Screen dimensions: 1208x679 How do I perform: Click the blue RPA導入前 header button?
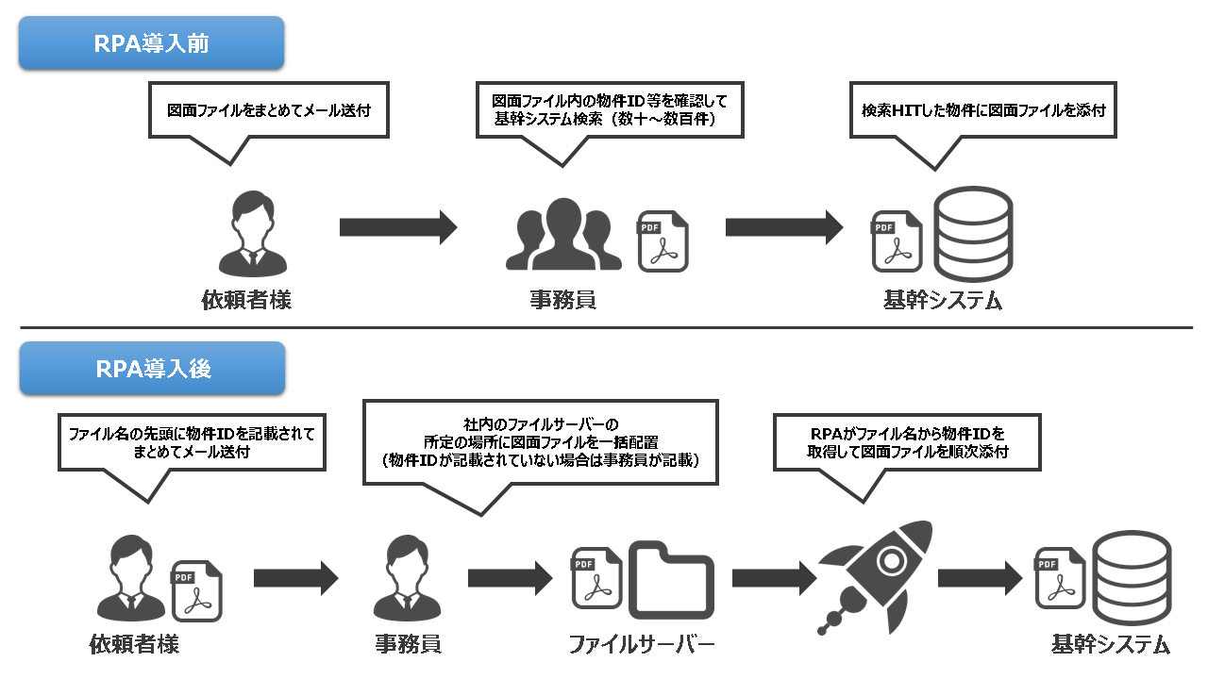152,43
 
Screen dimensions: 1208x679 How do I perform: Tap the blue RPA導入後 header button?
153,369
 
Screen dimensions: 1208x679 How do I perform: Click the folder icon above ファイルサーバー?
671,580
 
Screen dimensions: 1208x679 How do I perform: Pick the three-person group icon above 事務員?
563,234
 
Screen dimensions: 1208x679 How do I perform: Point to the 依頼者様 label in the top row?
246,300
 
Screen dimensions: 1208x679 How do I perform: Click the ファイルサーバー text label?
642,644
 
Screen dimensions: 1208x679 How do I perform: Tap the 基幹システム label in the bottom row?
1111,644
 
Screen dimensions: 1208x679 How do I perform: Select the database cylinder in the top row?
973,234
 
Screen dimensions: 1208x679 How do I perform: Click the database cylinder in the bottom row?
1132,578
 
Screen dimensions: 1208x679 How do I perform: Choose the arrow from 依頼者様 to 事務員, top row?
398,227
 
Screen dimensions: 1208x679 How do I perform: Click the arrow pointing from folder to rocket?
775,578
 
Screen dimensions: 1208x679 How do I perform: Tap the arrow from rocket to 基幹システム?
981,578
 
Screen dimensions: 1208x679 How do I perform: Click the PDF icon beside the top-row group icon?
663,240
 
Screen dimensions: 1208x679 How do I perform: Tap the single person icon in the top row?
252,234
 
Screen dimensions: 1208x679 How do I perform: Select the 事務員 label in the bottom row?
409,644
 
